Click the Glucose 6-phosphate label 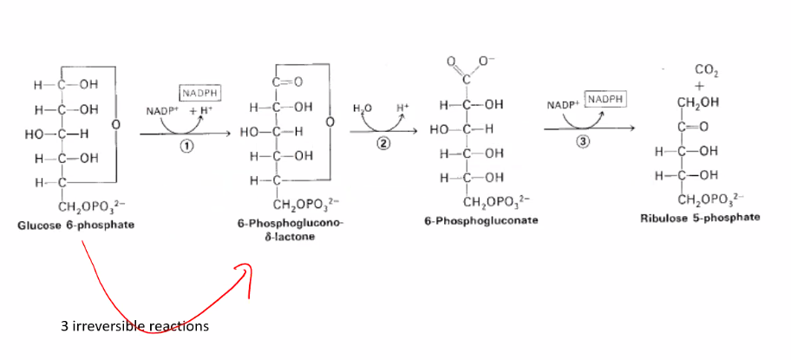[75, 225]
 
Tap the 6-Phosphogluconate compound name [480, 220]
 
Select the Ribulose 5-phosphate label [700, 219]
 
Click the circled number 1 [185, 147]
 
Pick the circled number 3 [583, 141]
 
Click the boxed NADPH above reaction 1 [201, 94]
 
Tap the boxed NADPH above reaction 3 [604, 100]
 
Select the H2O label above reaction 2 [361, 108]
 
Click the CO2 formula [706, 70]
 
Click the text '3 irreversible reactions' [134, 326]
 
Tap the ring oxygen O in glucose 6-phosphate [115, 122]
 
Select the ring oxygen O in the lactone [330, 122]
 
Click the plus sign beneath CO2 [699, 86]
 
